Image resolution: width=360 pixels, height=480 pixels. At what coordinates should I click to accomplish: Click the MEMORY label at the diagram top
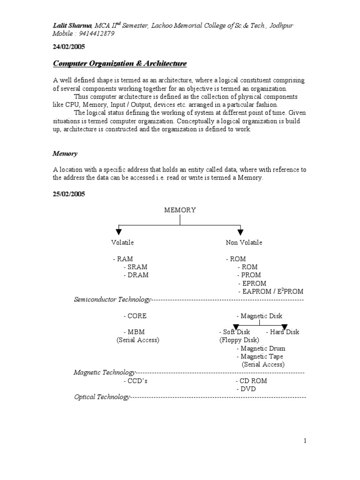[180, 210]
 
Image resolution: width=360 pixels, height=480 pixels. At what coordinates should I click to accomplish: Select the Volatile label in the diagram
[122, 242]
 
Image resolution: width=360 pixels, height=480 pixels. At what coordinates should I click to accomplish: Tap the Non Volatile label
[244, 242]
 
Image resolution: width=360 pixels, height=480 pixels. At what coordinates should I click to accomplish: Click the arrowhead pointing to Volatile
[118, 231]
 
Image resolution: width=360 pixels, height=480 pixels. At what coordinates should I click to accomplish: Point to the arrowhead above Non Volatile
[240, 231]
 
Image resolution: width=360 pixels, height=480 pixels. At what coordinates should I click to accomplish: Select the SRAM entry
[136, 267]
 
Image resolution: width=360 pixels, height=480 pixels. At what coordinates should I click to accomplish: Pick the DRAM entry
[136, 275]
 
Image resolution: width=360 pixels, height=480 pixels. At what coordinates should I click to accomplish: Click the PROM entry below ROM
[249, 275]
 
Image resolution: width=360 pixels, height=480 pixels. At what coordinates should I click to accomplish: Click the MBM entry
[134, 332]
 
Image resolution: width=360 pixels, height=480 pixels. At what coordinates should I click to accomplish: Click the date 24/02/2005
[68, 47]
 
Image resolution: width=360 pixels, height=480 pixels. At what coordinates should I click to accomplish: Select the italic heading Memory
[65, 153]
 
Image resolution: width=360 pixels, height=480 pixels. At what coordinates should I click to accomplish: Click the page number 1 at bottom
[305, 440]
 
